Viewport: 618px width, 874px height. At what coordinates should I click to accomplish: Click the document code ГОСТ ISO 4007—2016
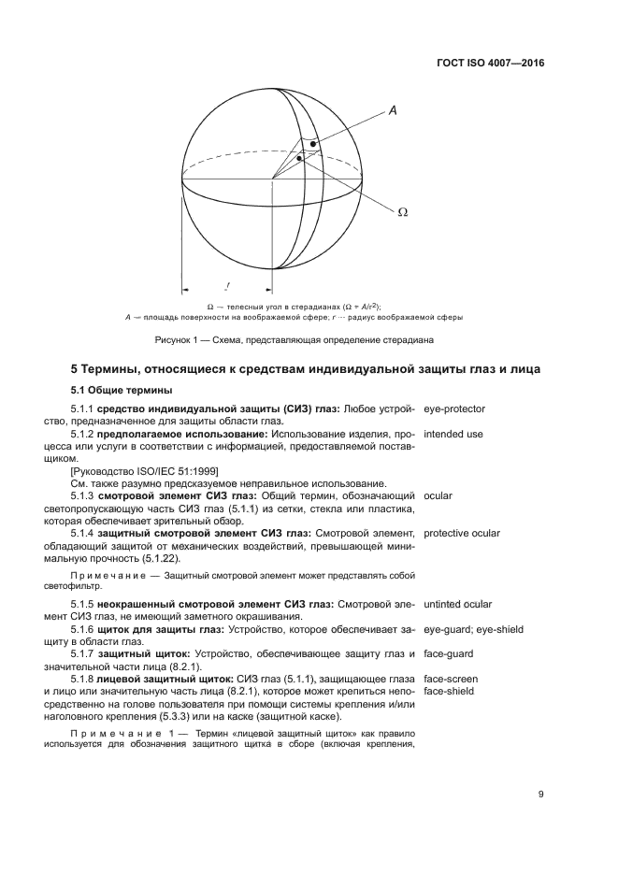(x=490, y=64)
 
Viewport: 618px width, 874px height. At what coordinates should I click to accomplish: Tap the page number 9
(x=540, y=794)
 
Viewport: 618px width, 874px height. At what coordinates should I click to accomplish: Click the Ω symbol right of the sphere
(x=403, y=212)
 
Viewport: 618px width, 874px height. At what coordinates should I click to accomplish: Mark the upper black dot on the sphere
(x=314, y=144)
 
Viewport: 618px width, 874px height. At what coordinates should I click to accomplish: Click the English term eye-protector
(x=454, y=409)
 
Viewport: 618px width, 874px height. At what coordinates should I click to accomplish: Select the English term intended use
(x=453, y=434)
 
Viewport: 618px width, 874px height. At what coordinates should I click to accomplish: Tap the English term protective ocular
(x=461, y=533)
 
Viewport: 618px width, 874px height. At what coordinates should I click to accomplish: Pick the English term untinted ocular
(x=457, y=605)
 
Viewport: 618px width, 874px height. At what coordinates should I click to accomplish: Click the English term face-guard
(x=450, y=653)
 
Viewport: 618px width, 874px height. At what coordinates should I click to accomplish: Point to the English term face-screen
(x=451, y=678)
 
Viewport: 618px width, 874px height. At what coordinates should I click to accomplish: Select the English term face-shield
(x=450, y=691)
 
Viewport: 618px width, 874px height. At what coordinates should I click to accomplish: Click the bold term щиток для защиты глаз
(x=154, y=629)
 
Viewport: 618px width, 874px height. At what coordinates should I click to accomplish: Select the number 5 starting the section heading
(x=76, y=370)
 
